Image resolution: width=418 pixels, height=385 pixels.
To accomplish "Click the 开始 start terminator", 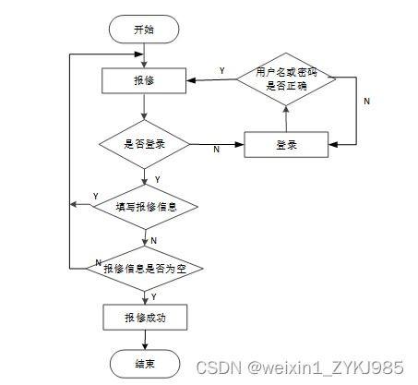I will tap(143, 30).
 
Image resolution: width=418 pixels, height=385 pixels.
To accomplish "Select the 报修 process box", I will tap(144, 81).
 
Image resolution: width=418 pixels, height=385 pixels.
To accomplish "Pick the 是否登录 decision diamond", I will tap(144, 145).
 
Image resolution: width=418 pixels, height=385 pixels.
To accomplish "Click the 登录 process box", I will tap(286, 145).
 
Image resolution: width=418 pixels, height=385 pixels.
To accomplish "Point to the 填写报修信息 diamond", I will tap(146, 207).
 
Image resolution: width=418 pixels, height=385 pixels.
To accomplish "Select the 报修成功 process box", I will tap(144, 318).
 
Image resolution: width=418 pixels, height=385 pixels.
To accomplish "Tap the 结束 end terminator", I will tap(144, 362).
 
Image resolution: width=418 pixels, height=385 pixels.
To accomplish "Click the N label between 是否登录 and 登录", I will tap(216, 150).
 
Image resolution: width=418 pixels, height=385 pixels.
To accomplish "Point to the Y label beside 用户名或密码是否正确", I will tap(221, 71).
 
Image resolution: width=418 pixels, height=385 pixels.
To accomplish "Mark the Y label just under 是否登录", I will tap(156, 179).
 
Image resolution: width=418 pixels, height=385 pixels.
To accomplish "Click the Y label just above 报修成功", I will tap(153, 295).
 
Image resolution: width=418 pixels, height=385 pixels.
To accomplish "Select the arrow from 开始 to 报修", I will tap(143, 54).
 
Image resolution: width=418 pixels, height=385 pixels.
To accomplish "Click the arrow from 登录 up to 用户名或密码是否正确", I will tap(286, 118).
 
